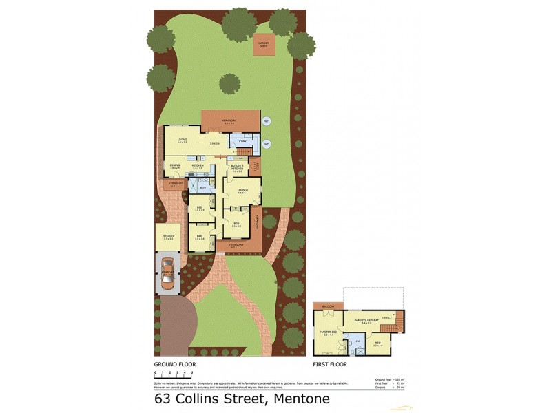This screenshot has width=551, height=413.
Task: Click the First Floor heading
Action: tap(330, 364)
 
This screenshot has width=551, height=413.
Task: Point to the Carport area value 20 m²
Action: tap(401, 388)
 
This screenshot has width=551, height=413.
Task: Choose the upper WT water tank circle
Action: tap(267, 122)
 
